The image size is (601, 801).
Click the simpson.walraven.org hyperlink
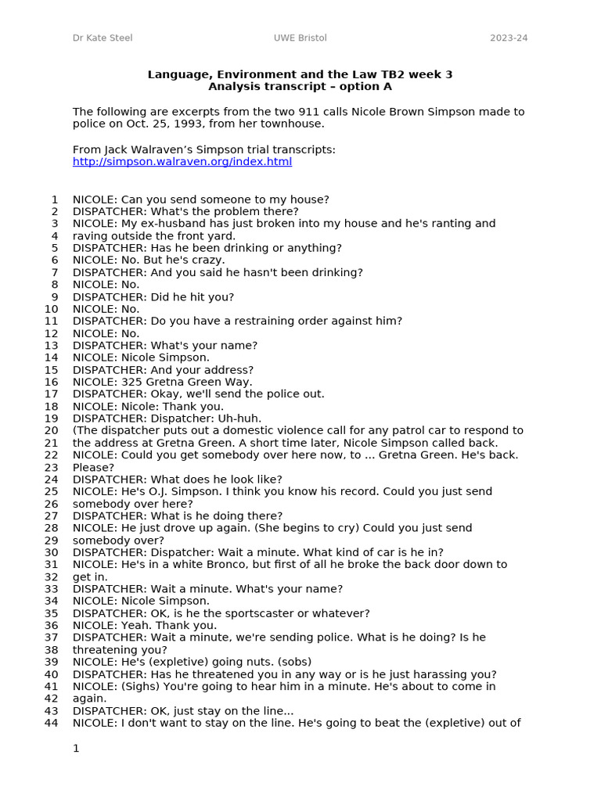(x=182, y=162)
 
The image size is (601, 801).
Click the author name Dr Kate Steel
(x=103, y=38)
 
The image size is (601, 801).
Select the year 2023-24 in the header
(x=509, y=38)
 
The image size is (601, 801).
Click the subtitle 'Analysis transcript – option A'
(x=300, y=87)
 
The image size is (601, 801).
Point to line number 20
(x=51, y=430)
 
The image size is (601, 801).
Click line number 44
(x=51, y=723)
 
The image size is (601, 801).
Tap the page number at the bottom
(x=76, y=749)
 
